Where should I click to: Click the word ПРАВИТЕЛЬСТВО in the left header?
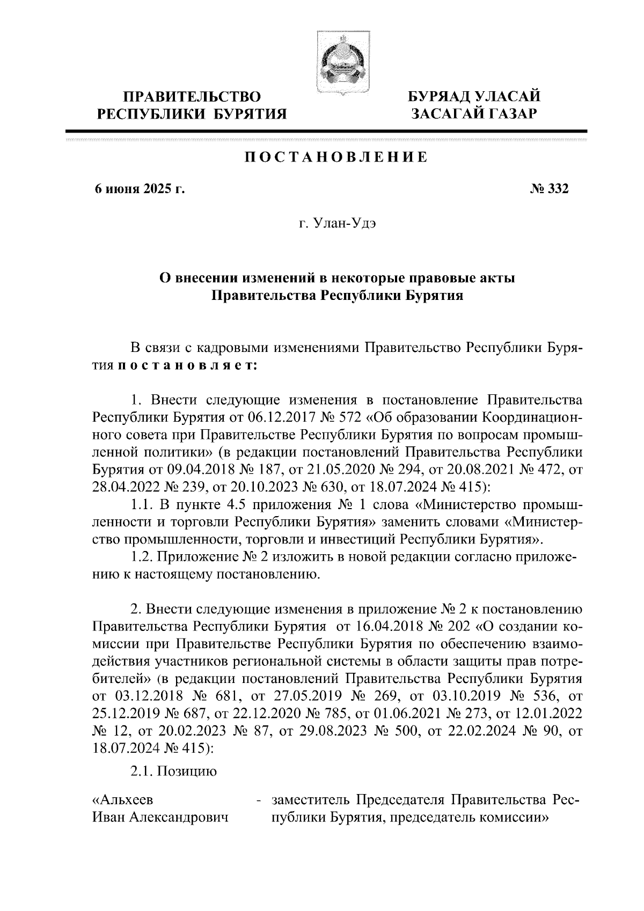193,97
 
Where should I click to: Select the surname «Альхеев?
123,800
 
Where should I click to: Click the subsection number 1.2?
142,557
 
